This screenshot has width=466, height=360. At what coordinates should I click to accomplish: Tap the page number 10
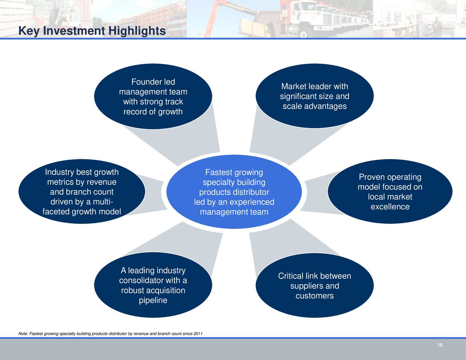click(440, 345)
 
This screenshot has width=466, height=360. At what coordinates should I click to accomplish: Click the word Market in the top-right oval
click(293, 87)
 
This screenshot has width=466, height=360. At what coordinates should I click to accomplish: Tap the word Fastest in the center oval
click(218, 173)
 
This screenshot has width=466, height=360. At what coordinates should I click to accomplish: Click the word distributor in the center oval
click(251, 192)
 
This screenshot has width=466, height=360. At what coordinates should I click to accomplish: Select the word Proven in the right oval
click(372, 177)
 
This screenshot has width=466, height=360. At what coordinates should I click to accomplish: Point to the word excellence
click(390, 207)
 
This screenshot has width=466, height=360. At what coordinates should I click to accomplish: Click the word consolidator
click(141, 281)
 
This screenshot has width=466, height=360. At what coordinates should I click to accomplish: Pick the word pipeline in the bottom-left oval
click(153, 301)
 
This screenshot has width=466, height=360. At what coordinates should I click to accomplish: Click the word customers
click(315, 296)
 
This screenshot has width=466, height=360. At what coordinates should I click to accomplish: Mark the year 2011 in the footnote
click(198, 334)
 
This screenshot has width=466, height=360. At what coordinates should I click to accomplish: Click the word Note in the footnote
click(23, 334)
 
